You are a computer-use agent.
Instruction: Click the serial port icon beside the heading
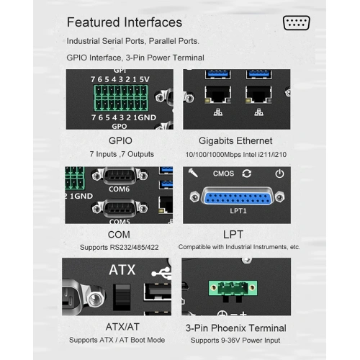[x=297, y=23]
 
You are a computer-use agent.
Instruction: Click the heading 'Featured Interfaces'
[x=125, y=22]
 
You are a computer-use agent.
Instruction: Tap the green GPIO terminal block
[x=121, y=98]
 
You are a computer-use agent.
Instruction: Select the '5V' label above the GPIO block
[x=145, y=79]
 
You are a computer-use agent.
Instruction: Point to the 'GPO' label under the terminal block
[x=120, y=126]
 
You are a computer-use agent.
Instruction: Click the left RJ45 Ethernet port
[x=218, y=95]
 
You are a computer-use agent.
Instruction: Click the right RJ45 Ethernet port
[x=258, y=95]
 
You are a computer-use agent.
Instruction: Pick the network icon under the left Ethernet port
[x=218, y=112]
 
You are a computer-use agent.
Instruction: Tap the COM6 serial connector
[x=120, y=176]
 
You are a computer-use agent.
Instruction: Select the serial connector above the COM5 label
[x=120, y=209]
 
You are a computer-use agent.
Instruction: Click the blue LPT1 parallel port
[x=238, y=197]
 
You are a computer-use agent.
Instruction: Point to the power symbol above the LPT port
[x=279, y=174]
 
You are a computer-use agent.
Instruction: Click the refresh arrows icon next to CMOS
[x=247, y=174]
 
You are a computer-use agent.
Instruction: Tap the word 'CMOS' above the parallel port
[x=223, y=174]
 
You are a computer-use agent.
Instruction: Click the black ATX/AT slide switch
[x=122, y=297]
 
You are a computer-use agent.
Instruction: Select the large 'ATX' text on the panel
[x=122, y=270]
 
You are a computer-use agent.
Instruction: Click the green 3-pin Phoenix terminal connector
[x=233, y=288]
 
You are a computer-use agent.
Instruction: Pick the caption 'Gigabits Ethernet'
[x=235, y=141]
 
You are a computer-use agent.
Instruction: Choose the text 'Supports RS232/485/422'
[x=120, y=247]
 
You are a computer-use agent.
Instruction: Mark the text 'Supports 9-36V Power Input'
[x=235, y=341]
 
